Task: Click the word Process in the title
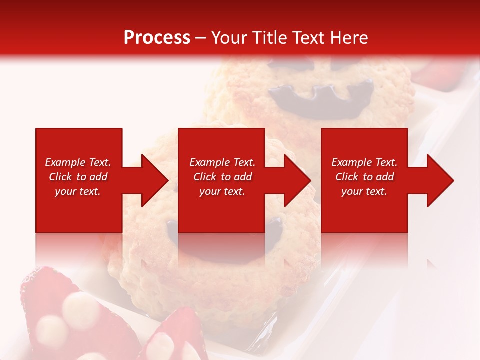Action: tap(157, 38)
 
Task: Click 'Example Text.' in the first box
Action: tap(78, 162)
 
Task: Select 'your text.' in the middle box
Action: tap(222, 191)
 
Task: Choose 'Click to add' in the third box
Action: tap(364, 177)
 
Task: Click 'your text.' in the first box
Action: tap(78, 191)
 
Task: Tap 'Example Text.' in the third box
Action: tap(364, 162)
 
